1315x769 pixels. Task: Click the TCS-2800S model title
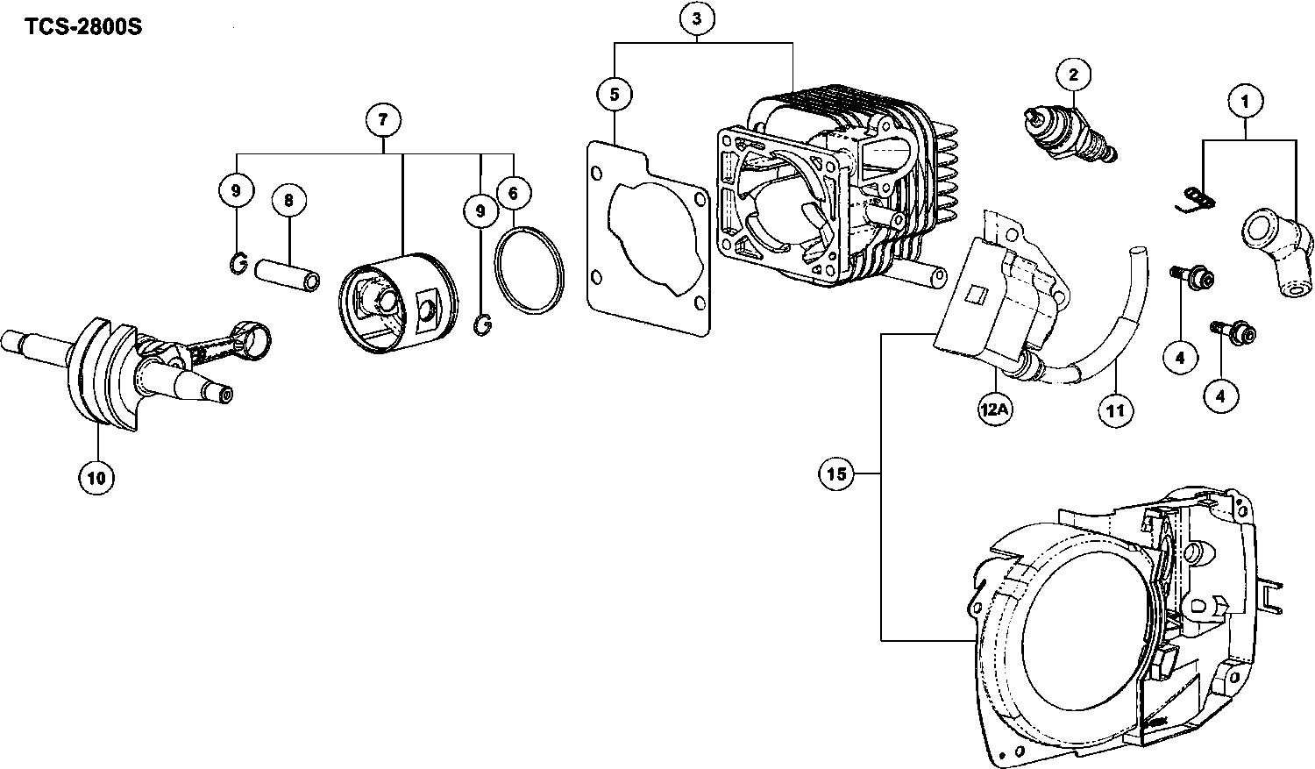coord(83,26)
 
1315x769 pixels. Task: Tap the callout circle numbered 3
coord(697,18)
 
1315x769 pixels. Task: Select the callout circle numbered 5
coord(615,94)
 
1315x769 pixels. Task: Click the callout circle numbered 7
coord(383,119)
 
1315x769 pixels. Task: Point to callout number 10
coord(96,477)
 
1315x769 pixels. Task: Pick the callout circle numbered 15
coord(836,474)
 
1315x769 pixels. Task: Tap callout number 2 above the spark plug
coord(1073,75)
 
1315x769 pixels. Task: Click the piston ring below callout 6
coord(529,269)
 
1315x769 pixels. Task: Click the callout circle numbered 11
coord(1116,409)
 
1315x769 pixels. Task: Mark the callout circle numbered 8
coord(288,201)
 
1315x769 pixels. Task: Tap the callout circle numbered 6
coord(513,191)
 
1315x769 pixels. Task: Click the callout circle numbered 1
coord(1245,102)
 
